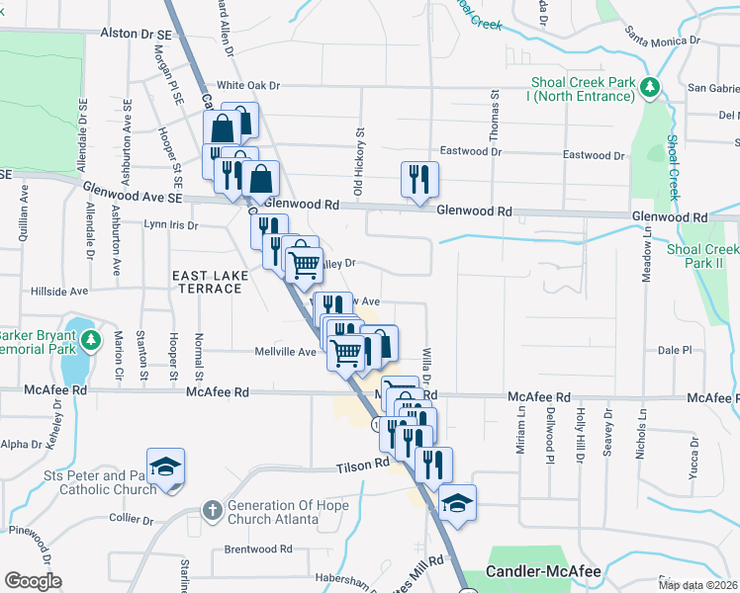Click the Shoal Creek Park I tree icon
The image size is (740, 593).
click(650, 88)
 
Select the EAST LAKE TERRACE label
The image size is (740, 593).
click(206, 282)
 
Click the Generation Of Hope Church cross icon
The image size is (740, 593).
click(211, 510)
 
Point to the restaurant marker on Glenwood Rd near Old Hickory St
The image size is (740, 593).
click(419, 180)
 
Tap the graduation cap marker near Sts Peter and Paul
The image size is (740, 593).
click(165, 466)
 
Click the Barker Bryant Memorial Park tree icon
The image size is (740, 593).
click(91, 341)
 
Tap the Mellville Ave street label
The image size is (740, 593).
click(285, 351)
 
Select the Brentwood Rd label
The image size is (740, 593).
click(258, 549)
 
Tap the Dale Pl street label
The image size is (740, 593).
click(674, 350)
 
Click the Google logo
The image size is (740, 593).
click(33, 581)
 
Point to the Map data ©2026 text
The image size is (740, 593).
click(696, 585)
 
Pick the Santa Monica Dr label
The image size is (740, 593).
click(662, 42)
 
